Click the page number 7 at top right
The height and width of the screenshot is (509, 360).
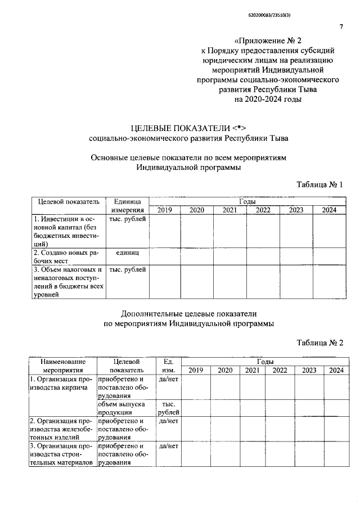(x=341, y=26)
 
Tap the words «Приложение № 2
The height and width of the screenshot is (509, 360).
(x=268, y=40)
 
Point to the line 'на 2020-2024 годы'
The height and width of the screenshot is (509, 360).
(x=268, y=99)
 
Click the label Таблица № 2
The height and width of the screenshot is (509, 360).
(x=319, y=342)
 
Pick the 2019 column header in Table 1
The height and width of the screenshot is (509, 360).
(x=164, y=210)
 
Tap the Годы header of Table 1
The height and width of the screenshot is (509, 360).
(x=247, y=201)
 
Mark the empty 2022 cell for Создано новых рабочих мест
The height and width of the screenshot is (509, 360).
(x=263, y=256)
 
